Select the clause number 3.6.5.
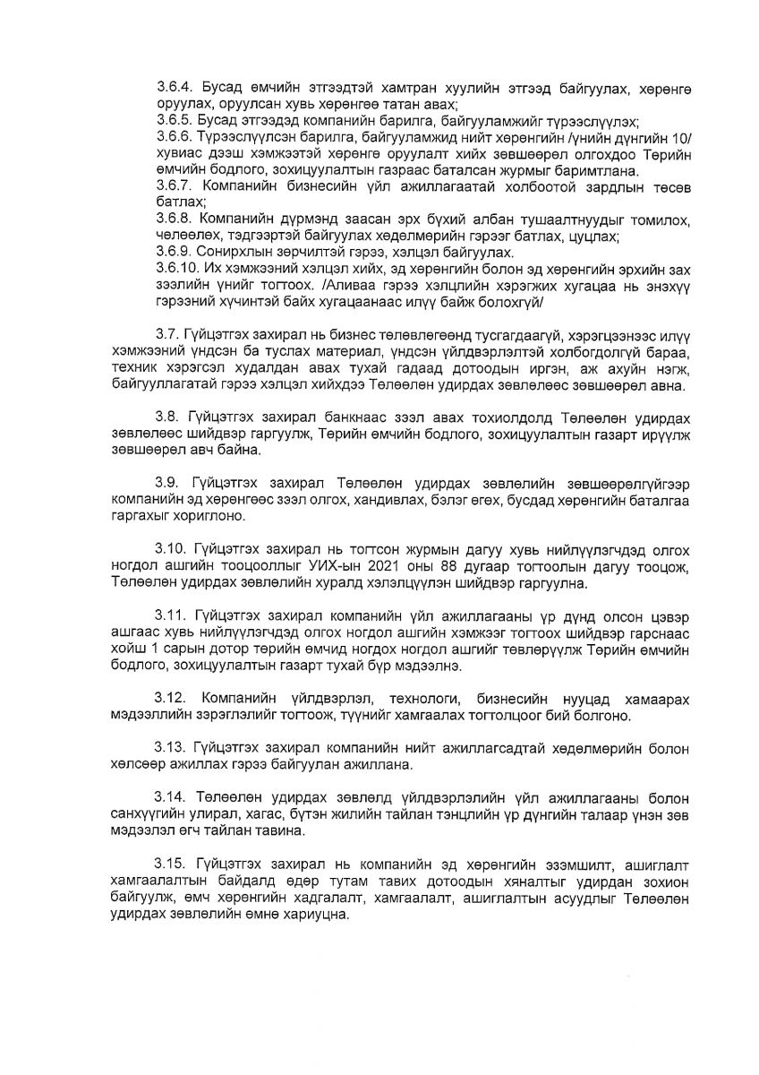tap(174, 118)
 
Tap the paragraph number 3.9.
tap(168, 472)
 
